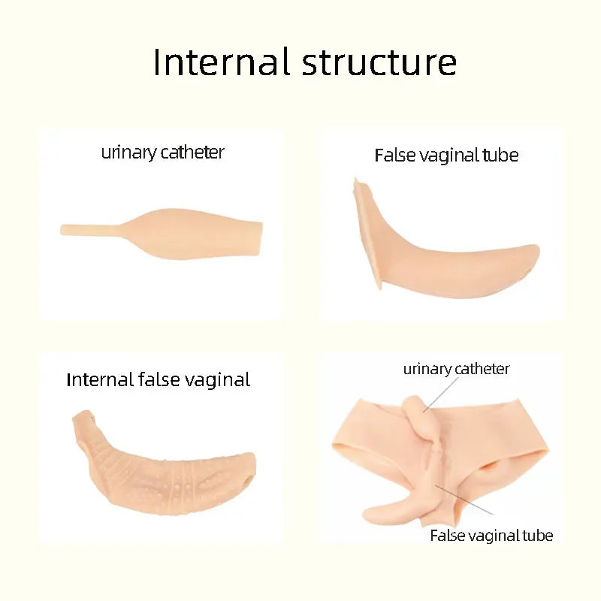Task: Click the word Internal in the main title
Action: pyautogui.click(x=220, y=62)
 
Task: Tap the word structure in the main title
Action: pyautogui.click(x=379, y=62)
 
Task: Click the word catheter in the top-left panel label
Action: pyautogui.click(x=192, y=153)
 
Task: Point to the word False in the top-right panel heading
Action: pyautogui.click(x=394, y=156)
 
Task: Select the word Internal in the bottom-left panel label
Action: pyautogui.click(x=100, y=380)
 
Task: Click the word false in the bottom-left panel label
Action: pyautogui.click(x=159, y=380)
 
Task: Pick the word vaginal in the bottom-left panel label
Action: pyautogui.click(x=217, y=381)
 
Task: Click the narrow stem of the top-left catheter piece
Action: pyautogui.click(x=91, y=230)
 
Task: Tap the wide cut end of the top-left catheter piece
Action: pyautogui.click(x=260, y=238)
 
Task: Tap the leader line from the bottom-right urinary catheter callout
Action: pyautogui.click(x=440, y=395)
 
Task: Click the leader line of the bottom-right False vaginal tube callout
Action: pyautogui.click(x=464, y=500)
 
